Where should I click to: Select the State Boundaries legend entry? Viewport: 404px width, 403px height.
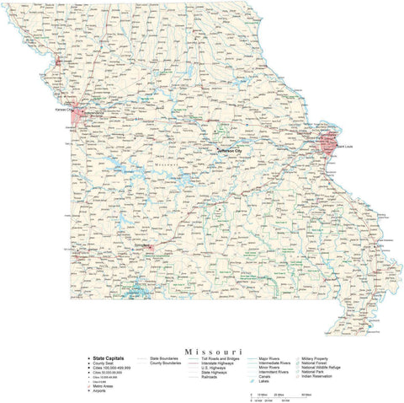(x=164, y=358)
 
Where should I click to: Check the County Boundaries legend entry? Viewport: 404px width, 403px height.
(x=166, y=363)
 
